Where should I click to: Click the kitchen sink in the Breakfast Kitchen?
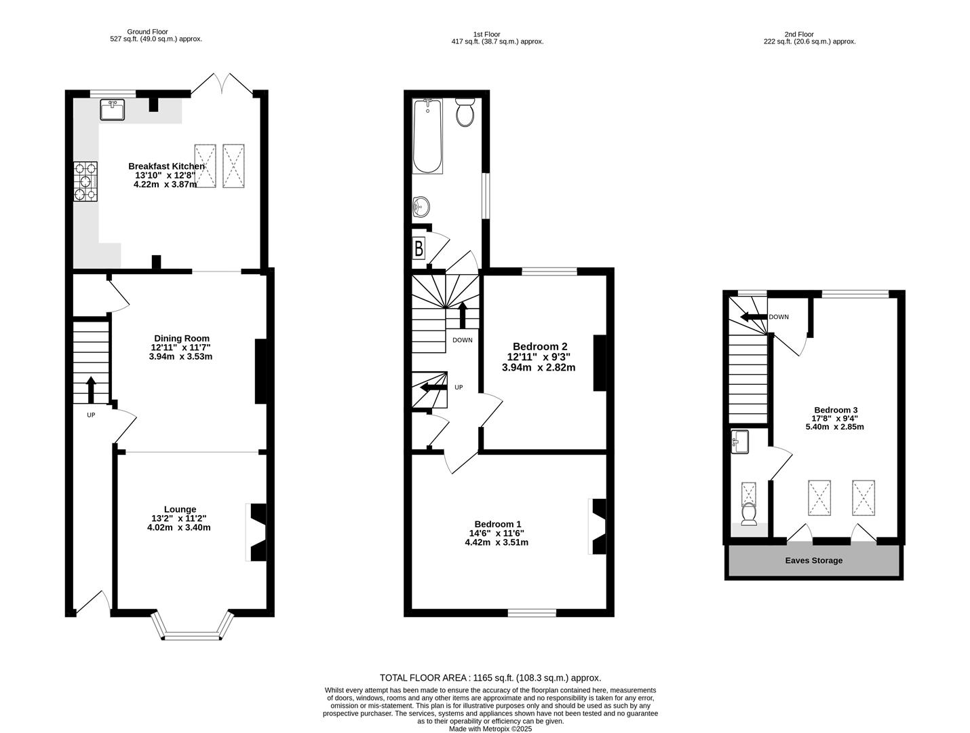(111, 109)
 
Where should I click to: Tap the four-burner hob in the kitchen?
(85, 182)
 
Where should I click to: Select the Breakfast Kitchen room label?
(166, 166)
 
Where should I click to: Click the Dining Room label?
(181, 338)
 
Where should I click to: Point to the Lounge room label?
(180, 509)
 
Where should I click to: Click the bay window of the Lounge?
(193, 628)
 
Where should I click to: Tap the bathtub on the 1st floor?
(427, 136)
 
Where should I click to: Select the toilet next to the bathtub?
(465, 113)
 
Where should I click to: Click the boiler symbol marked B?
(419, 249)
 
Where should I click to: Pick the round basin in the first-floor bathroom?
(421, 206)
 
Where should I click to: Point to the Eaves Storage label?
(814, 561)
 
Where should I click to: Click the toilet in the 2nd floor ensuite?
(749, 514)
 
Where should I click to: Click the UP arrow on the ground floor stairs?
(91, 390)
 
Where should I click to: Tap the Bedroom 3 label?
(836, 410)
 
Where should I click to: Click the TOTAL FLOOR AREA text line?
(490, 677)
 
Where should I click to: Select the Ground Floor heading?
(147, 31)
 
